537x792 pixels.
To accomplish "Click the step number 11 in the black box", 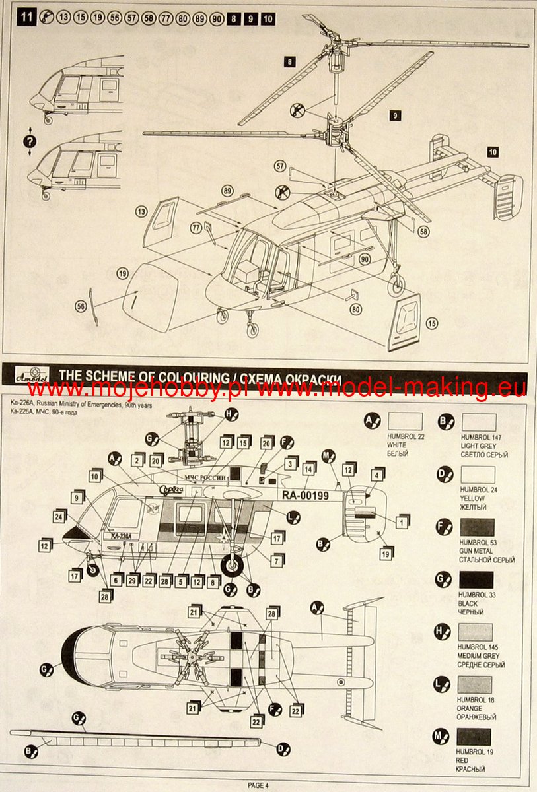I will pyautogui.click(x=26, y=18).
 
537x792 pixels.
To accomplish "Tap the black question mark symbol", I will pyautogui.click(x=29, y=141).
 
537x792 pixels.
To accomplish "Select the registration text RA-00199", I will pyautogui.click(x=306, y=496).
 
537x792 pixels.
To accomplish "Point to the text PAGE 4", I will pyautogui.click(x=258, y=785).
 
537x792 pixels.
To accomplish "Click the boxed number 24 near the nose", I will pyautogui.click(x=59, y=517).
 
